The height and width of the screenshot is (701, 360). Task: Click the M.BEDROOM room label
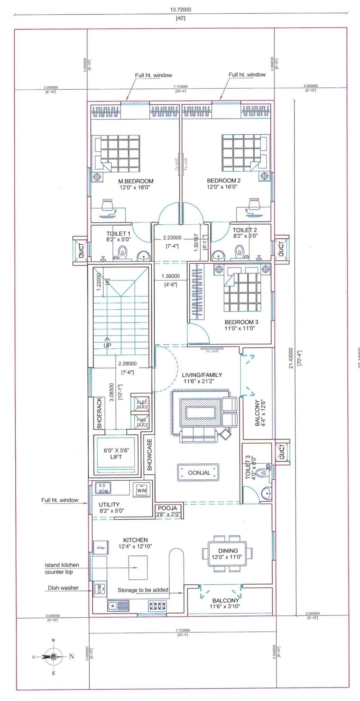(136, 181)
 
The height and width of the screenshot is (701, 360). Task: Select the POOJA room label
(168, 508)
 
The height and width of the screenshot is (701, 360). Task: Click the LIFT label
(116, 457)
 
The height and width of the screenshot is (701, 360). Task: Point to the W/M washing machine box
(141, 490)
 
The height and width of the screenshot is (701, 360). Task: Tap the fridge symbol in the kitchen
(101, 548)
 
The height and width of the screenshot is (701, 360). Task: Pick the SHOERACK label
(100, 413)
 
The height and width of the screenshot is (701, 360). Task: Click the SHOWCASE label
(149, 455)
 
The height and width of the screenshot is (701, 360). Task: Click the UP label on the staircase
(107, 345)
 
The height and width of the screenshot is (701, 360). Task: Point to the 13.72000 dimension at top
(180, 9)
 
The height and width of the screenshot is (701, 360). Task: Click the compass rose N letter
(72, 657)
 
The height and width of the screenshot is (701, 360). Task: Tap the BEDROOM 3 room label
(241, 322)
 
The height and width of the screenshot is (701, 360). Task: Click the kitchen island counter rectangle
(138, 568)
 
